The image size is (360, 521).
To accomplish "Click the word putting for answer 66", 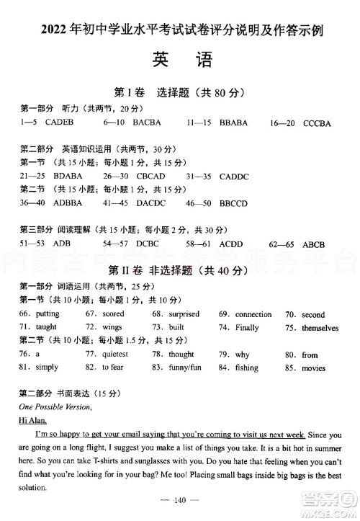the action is click(48, 314).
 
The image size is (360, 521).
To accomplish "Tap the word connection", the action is click(253, 314).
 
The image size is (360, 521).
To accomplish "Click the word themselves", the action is click(320, 328).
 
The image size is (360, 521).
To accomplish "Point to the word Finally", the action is click(247, 328).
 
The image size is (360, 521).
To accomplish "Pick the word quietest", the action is click(115, 355).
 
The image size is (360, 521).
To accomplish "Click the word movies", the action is click(313, 368).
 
